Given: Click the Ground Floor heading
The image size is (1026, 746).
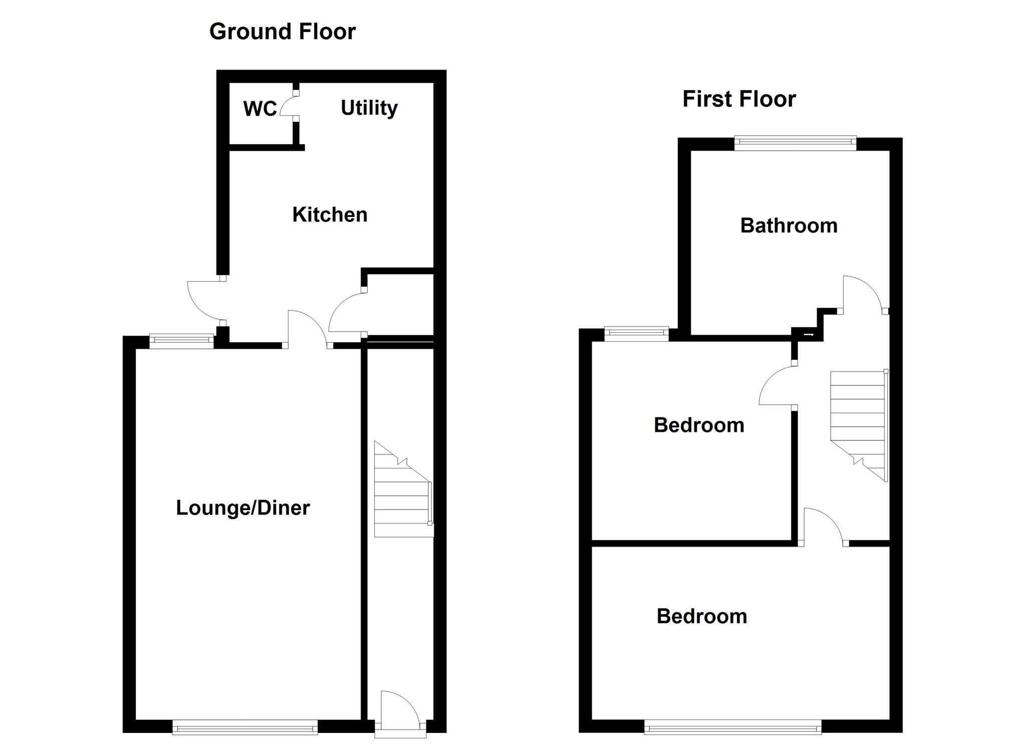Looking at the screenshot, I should tap(282, 32).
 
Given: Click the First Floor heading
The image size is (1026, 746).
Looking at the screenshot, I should tap(739, 99).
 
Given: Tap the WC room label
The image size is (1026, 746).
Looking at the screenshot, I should tap(260, 109).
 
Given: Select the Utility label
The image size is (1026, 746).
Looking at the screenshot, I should tap(369, 108).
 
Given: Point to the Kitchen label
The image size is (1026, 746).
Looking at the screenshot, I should tap(330, 214).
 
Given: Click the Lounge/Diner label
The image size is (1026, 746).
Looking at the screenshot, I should tap(243, 508).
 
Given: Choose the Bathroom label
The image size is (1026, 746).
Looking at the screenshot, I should tap(789, 225).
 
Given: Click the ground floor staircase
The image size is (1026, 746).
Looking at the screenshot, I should tap(403, 491).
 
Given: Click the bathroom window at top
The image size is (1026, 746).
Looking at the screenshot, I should tap(795, 144).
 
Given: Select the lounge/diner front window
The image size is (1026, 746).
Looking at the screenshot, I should tap(245, 726).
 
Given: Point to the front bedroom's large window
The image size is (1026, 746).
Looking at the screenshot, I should tap(732, 726).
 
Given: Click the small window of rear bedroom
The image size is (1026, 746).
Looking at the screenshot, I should tap(636, 333).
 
